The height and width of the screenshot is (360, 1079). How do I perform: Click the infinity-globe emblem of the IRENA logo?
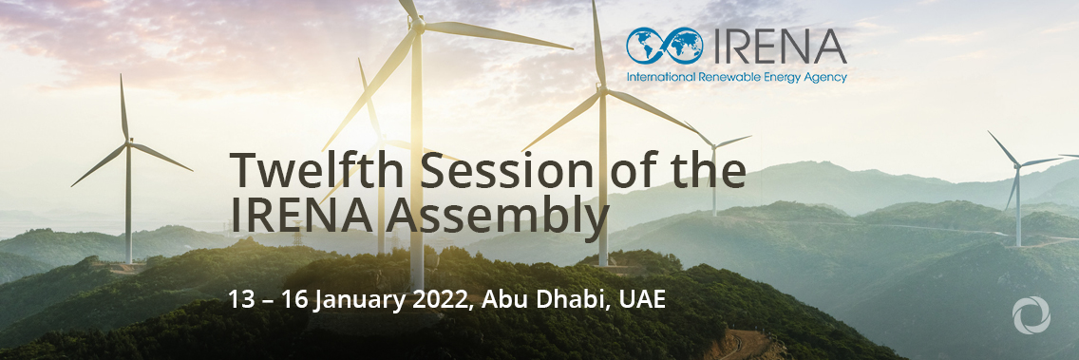tap(665, 47)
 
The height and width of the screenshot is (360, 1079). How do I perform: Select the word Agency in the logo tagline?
tap(826, 78)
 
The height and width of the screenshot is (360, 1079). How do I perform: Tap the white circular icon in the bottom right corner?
tap(1031, 314)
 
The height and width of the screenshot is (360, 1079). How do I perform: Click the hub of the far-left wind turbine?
tap(128, 142)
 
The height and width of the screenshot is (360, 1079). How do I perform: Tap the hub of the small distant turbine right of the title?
tap(714, 145)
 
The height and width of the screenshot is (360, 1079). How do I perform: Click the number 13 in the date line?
tap(242, 300)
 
